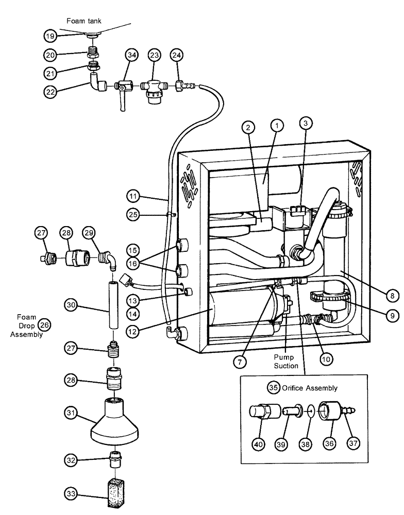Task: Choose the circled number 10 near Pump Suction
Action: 324,359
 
